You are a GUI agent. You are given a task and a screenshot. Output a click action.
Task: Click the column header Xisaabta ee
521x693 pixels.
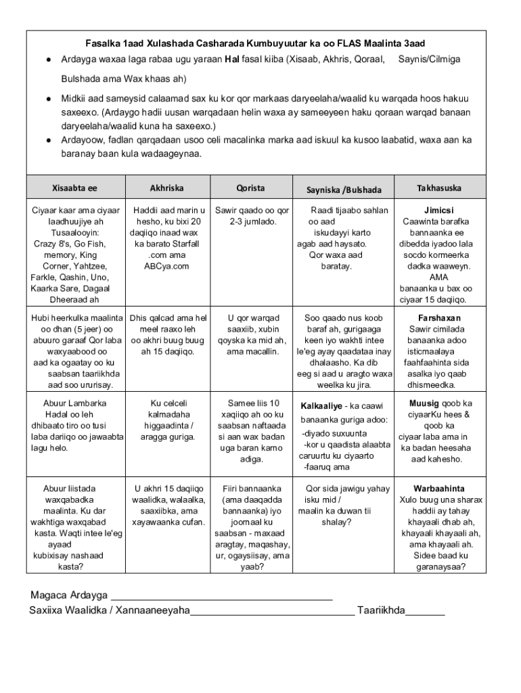coord(74,187)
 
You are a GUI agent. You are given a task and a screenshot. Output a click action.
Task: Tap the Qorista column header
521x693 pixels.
coord(250,187)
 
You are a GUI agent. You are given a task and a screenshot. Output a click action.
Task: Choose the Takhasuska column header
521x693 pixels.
coord(439,187)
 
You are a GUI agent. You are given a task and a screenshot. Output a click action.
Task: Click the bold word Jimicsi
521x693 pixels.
coord(439,210)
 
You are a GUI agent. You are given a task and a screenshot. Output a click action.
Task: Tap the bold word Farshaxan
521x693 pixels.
coord(439,318)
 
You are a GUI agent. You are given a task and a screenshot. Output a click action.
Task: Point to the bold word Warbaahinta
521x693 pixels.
coord(439,488)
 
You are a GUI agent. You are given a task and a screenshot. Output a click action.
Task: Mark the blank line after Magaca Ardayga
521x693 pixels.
coord(221,596)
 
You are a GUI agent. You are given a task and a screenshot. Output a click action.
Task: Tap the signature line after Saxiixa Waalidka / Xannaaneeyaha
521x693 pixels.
coord(272,611)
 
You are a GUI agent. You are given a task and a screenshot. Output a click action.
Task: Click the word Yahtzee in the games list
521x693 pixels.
coord(91,266)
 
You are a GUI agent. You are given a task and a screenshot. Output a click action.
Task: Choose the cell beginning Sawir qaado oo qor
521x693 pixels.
coord(252,216)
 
